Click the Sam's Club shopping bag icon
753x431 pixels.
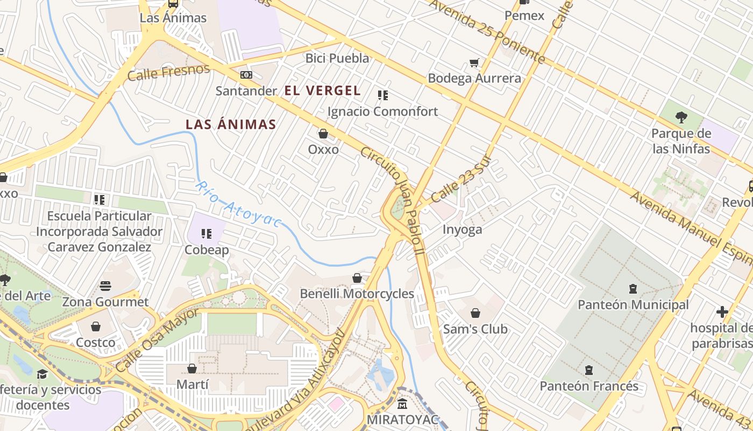pos(475,313)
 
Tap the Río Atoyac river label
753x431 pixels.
pos(238,204)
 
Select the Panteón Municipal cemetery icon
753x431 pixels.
pos(633,289)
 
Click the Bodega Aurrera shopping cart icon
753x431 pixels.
pos(474,63)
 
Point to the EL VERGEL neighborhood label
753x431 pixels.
pos(322,91)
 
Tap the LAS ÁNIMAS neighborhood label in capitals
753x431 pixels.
pos(231,124)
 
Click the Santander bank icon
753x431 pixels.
pos(246,75)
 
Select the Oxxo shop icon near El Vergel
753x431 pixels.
pos(323,134)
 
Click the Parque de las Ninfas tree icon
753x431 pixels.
pos(681,117)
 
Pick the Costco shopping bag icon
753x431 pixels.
pos(96,326)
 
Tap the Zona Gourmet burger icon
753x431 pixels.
pos(105,286)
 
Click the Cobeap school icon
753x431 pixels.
pos(207,234)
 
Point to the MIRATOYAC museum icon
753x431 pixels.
pos(402,404)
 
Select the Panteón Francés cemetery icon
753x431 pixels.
pos(589,370)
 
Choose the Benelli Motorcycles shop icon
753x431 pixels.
pos(357,278)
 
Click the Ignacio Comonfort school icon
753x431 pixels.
pos(383,95)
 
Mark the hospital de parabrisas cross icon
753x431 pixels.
pos(722,312)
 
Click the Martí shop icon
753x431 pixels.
pos(192,369)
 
